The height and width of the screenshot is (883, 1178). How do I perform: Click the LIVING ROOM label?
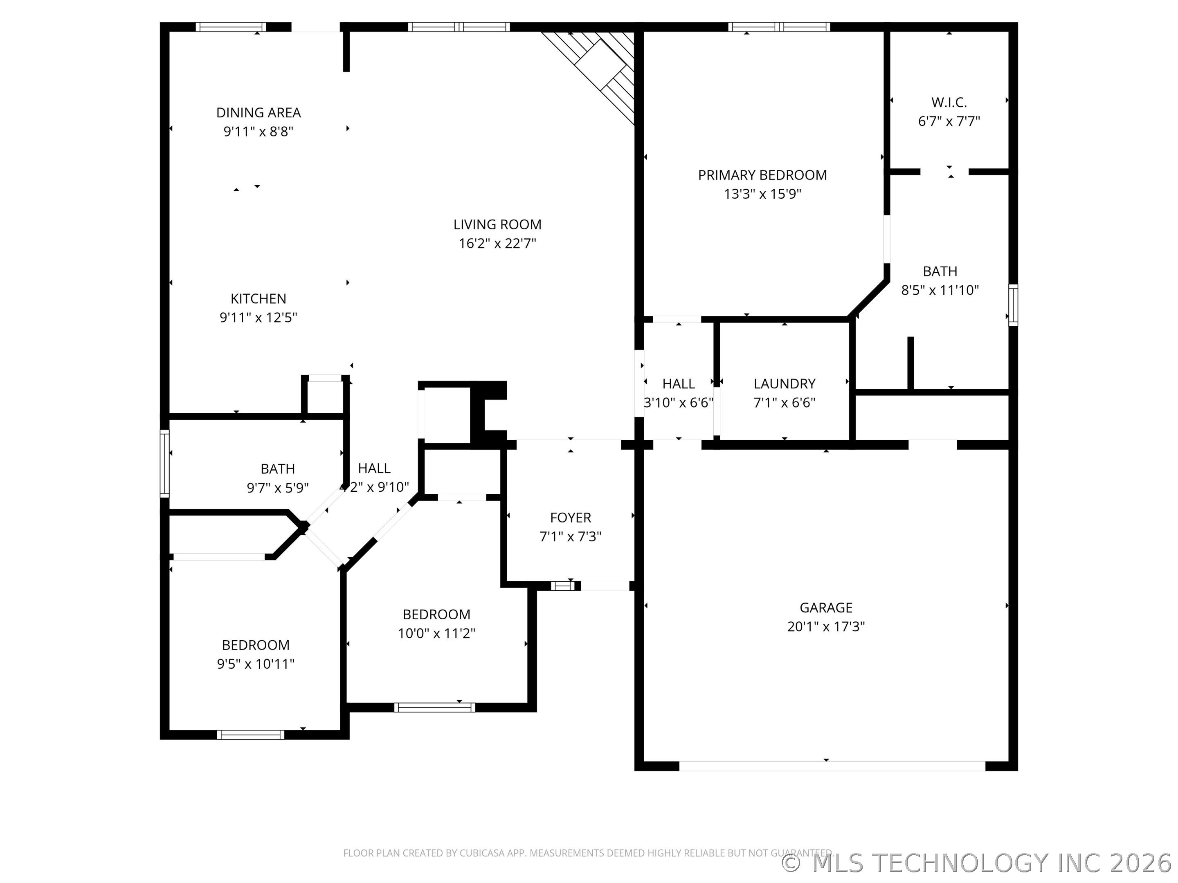click(x=497, y=224)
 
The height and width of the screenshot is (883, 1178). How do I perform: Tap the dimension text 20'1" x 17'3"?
click(x=826, y=626)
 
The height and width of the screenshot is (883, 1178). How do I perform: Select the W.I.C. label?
click(x=949, y=102)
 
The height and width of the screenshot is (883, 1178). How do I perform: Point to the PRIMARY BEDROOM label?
click(x=762, y=175)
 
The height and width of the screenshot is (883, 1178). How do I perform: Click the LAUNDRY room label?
click(x=784, y=384)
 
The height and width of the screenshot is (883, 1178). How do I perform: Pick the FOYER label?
click(x=570, y=518)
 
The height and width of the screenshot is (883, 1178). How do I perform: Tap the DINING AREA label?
click(x=258, y=113)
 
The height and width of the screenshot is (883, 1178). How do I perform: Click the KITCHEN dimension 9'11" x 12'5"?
click(x=258, y=318)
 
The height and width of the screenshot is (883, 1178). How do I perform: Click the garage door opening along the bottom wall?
click(x=832, y=766)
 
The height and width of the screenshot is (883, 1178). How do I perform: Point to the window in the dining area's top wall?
click(x=231, y=27)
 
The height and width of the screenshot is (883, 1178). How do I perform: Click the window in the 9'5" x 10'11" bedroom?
click(x=250, y=735)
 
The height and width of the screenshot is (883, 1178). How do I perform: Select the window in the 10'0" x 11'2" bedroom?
click(x=434, y=707)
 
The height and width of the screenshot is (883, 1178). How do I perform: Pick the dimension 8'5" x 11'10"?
click(x=940, y=290)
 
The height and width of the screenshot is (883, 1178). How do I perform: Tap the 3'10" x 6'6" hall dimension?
click(x=679, y=403)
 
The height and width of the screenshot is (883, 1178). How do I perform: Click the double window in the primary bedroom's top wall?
click(x=779, y=27)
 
